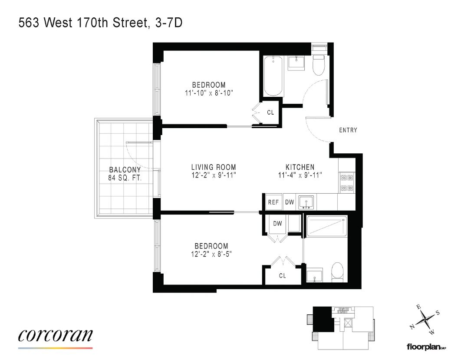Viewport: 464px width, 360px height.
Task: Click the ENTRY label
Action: (348, 130)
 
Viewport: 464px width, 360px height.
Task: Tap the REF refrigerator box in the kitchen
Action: (274, 202)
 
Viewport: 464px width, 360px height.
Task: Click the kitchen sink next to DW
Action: (306, 202)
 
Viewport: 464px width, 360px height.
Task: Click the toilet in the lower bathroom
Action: (337, 272)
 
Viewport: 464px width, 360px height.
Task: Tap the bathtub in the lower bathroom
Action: (327, 227)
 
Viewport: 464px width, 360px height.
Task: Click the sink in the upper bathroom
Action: (296, 63)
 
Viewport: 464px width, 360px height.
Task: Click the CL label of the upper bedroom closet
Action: (270, 112)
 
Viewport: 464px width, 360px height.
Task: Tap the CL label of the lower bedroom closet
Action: (283, 276)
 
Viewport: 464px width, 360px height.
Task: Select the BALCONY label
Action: (125, 170)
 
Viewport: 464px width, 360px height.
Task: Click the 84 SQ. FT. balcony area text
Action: (125, 178)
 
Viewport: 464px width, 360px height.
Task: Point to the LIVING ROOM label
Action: (214, 167)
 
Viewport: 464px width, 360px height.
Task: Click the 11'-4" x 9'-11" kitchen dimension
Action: (300, 175)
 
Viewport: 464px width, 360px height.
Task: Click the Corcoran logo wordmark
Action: (55, 335)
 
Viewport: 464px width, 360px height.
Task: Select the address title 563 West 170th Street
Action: (83, 23)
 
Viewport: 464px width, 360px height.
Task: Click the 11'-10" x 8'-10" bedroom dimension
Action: (209, 93)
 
